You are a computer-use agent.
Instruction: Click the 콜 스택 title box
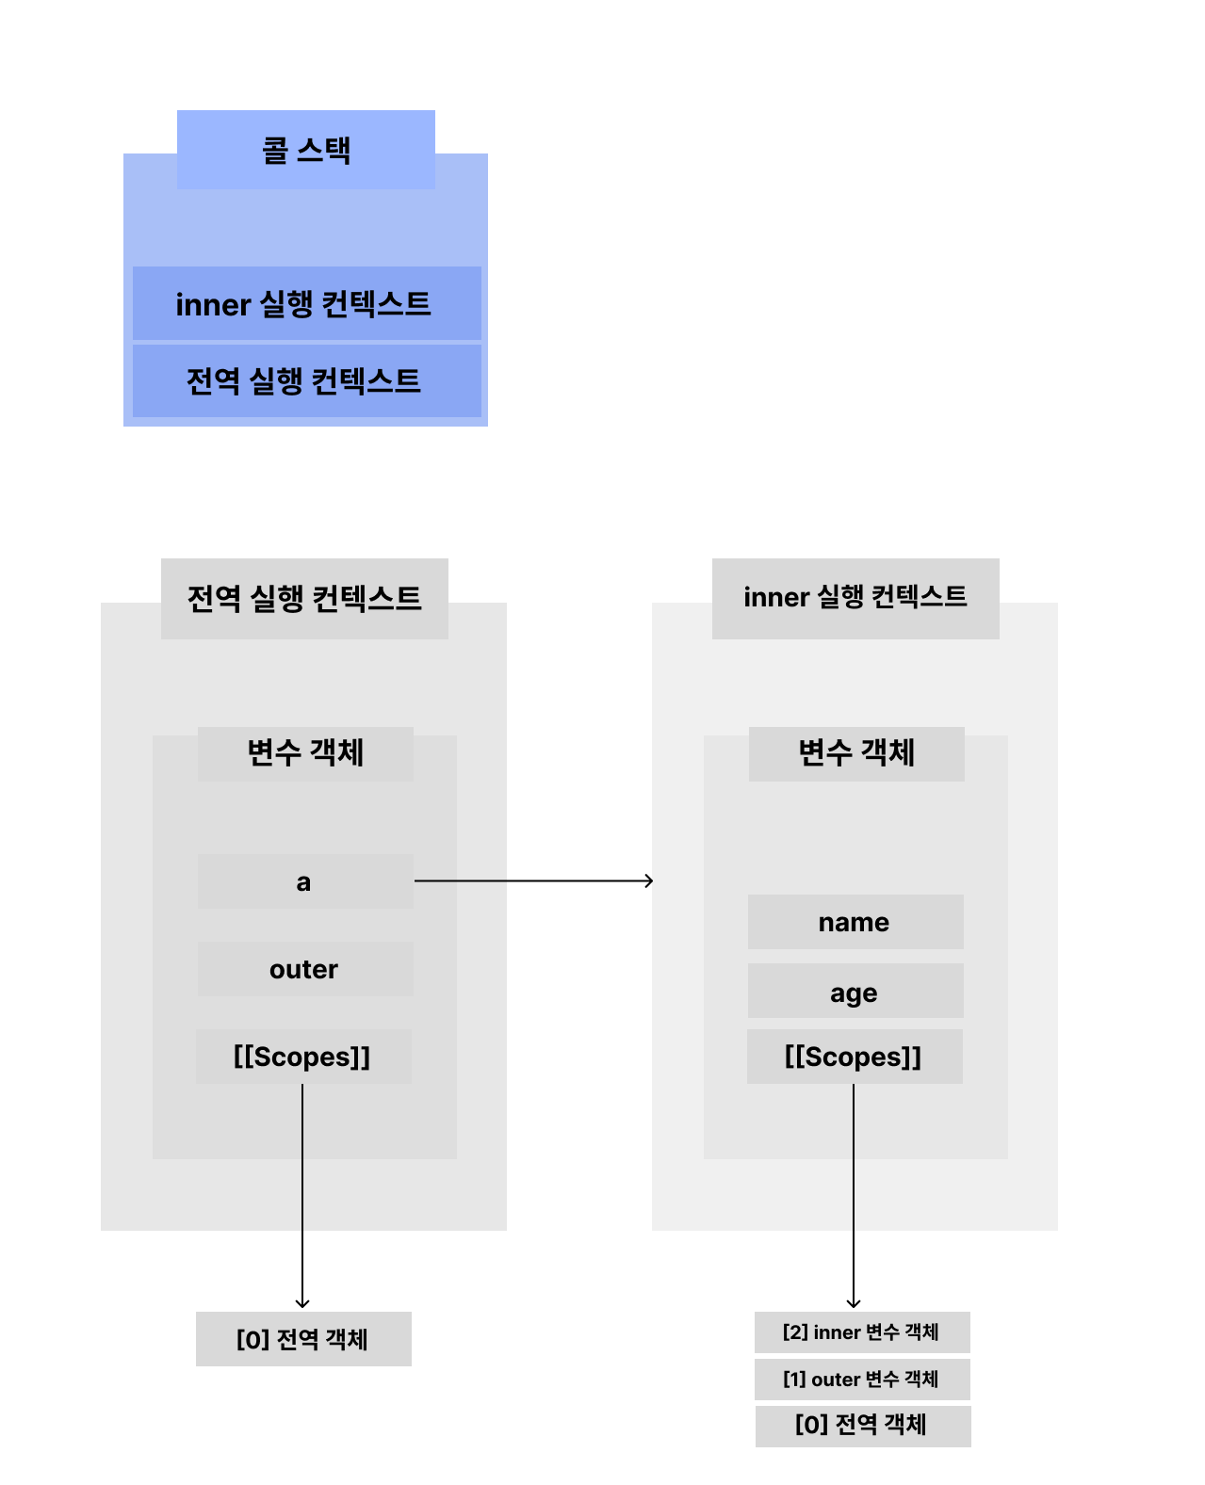[305, 150]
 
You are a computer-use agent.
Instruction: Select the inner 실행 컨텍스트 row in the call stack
[306, 303]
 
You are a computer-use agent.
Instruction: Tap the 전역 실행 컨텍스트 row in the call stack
[306, 380]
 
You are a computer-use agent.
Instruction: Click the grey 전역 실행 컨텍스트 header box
[304, 598]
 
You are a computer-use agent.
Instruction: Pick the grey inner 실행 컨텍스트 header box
[855, 598]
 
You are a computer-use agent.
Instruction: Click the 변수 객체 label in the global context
[305, 753]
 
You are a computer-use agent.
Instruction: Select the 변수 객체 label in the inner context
[856, 753]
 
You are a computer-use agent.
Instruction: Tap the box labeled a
[305, 881]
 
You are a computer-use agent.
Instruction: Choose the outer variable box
[305, 969]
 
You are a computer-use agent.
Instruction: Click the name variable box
[855, 922]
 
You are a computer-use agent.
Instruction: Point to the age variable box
[855, 991]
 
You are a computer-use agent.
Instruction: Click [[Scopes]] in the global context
[303, 1057]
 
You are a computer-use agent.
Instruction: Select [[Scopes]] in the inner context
[855, 1057]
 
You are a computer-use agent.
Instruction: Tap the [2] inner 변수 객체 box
[862, 1332]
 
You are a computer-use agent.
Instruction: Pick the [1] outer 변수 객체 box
[862, 1380]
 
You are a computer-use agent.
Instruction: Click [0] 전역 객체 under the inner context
[862, 1426]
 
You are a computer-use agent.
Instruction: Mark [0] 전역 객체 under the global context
[303, 1339]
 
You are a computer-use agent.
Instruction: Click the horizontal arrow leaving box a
[533, 881]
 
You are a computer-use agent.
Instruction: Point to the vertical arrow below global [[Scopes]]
[302, 1196]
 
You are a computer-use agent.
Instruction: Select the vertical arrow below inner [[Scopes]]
[854, 1196]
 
